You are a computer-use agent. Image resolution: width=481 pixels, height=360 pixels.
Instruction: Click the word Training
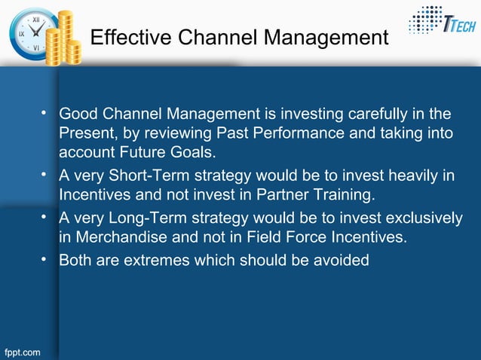click(344, 196)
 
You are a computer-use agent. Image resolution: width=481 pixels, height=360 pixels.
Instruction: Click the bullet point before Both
click(47, 261)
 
